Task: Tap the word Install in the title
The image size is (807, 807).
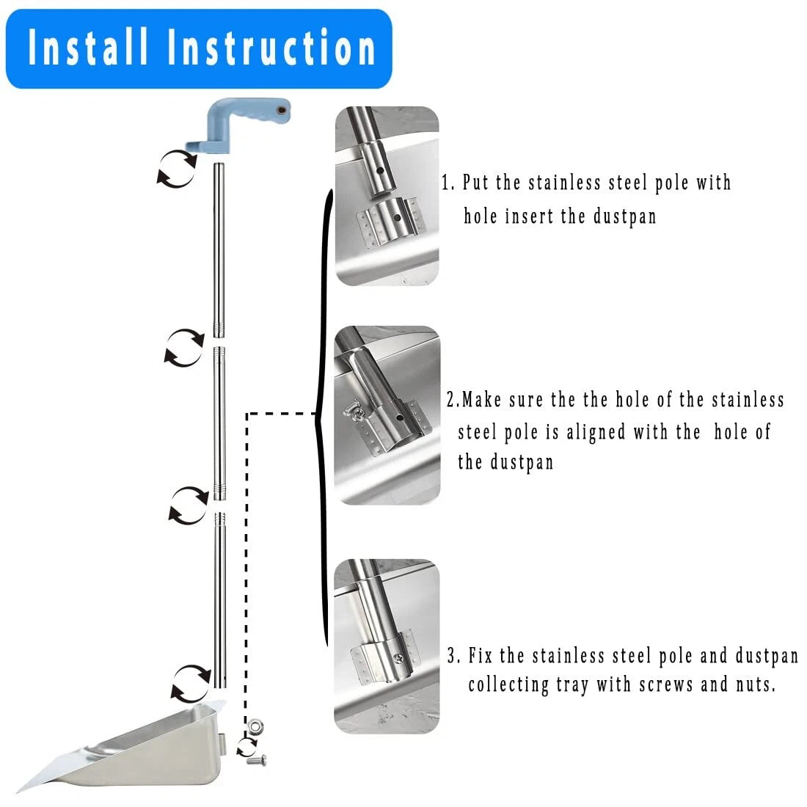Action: coord(88,48)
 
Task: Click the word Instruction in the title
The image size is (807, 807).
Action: coord(272,48)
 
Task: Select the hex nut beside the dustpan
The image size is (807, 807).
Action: coord(256,727)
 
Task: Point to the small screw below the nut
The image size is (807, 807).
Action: coord(256,759)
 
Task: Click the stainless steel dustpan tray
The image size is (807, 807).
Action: coord(123,746)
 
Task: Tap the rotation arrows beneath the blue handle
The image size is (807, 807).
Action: coord(177,168)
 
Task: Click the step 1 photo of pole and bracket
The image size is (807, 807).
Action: coord(387,196)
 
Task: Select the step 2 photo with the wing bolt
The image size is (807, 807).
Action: coord(387,415)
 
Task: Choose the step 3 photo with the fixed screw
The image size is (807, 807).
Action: coord(387,646)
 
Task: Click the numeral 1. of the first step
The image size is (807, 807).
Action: coord(448,183)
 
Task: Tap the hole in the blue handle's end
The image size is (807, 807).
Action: coord(281,110)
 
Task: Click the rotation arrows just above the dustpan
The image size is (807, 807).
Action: coord(191,684)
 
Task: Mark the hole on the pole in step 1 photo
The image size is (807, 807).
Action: coord(379,170)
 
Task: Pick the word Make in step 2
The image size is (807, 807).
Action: coord(482,400)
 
